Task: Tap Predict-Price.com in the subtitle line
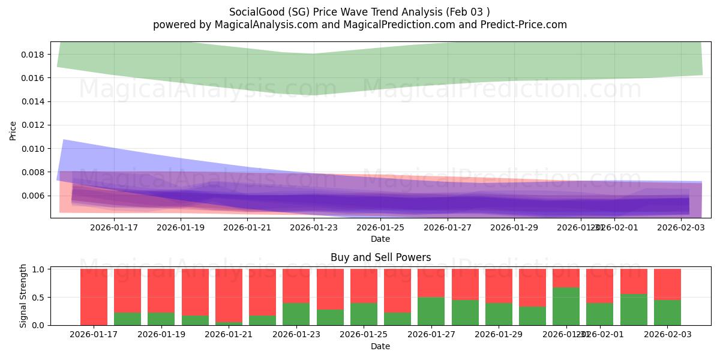click(x=527, y=25)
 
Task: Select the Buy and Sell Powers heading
click(x=380, y=257)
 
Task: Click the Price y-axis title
click(x=13, y=130)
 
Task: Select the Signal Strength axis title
click(x=23, y=295)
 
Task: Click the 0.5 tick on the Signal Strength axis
click(x=38, y=298)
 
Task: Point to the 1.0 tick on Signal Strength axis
click(x=38, y=269)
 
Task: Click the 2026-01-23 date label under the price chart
click(x=314, y=227)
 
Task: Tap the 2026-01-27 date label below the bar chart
click(x=431, y=335)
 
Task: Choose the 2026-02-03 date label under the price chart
click(x=680, y=227)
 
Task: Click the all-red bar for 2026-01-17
click(x=94, y=296)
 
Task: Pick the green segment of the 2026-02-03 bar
click(x=667, y=312)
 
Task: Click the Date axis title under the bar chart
click(x=380, y=346)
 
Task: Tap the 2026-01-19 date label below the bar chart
click(x=161, y=335)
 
